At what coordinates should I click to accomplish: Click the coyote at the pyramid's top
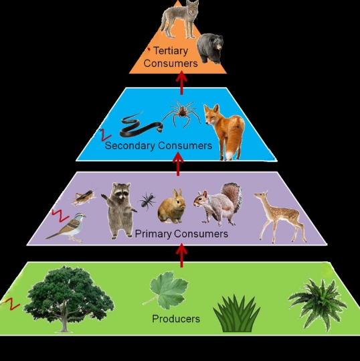[179, 19]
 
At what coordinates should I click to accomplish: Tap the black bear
[210, 48]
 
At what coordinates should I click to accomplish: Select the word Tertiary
[171, 51]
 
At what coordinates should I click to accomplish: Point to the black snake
[141, 125]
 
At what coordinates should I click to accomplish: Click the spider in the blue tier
[182, 113]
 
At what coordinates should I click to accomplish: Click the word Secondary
[130, 146]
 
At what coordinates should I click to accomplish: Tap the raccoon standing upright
[120, 210]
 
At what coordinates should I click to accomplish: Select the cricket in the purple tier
[84, 196]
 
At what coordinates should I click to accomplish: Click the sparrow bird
[67, 228]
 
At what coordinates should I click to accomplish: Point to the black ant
[147, 200]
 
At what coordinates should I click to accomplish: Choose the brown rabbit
[172, 206]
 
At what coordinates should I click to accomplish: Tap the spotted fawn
[280, 216]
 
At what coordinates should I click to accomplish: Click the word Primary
[153, 234]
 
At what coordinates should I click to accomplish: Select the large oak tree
[68, 298]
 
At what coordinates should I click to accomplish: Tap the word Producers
[176, 319]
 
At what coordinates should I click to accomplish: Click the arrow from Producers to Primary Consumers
[181, 256]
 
